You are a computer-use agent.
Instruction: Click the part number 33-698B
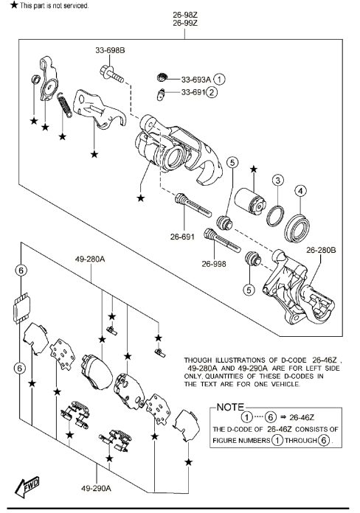point(110,50)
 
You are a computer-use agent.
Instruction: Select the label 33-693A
point(196,80)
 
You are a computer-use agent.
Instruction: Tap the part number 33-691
point(193,92)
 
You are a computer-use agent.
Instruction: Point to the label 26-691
point(182,236)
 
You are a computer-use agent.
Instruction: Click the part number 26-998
point(214,263)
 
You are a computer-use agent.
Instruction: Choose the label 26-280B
point(321,250)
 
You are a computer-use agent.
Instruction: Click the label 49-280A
point(90,259)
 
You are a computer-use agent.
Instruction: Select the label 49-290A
point(97,489)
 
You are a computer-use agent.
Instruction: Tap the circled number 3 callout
point(278,181)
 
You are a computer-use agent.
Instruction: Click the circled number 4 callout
point(301,191)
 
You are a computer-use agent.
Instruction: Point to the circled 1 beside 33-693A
point(220,79)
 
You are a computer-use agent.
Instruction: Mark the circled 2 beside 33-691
point(212,92)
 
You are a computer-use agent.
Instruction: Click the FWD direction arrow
point(27,486)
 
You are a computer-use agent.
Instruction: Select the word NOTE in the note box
point(230,407)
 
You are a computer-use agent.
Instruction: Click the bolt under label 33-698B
point(111,74)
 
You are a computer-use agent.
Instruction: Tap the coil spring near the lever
point(65,105)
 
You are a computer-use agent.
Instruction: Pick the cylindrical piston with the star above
point(249,201)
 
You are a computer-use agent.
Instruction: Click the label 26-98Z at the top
point(185,15)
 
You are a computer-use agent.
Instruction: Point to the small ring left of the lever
point(35,79)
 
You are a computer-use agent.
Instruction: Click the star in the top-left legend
point(14,5)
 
